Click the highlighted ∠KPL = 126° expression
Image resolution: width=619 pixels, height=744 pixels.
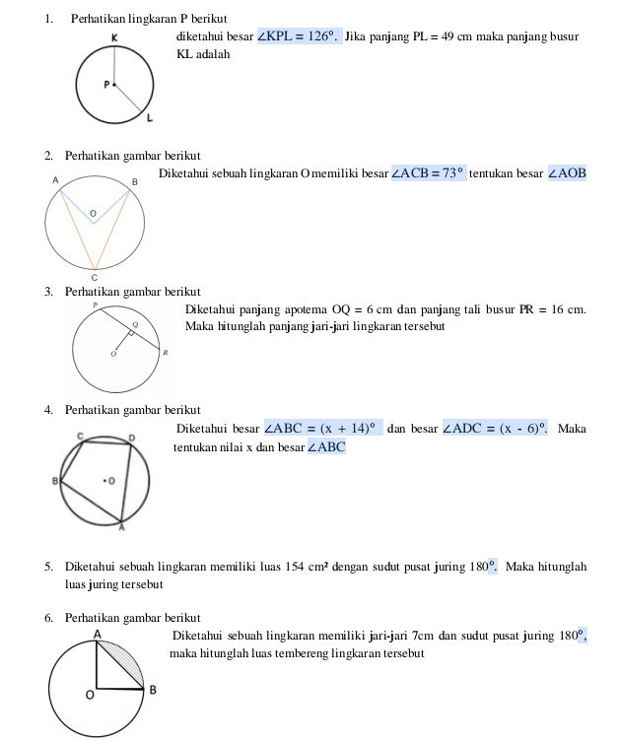coord(299,36)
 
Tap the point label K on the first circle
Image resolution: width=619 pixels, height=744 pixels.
coord(115,38)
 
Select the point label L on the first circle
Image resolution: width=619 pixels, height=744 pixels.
coord(150,120)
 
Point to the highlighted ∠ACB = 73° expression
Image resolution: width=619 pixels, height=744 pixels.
coord(427,173)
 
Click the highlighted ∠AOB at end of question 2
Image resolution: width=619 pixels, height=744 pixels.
coord(567,173)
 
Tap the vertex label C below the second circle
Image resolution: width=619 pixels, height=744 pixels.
coord(95,277)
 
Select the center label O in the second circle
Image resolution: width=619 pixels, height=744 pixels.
coord(93,213)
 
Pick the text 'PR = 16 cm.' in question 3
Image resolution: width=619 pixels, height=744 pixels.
coord(553,309)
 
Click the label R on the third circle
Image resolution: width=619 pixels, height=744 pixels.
coord(166,352)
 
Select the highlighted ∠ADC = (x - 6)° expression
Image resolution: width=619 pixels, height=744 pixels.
coord(496,429)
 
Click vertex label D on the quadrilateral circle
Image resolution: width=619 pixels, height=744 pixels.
coord(132,436)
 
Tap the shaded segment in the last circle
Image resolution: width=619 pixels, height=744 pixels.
coord(127,662)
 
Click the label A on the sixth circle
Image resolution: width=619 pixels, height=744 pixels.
coord(97,633)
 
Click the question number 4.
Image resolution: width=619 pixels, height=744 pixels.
coord(48,410)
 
